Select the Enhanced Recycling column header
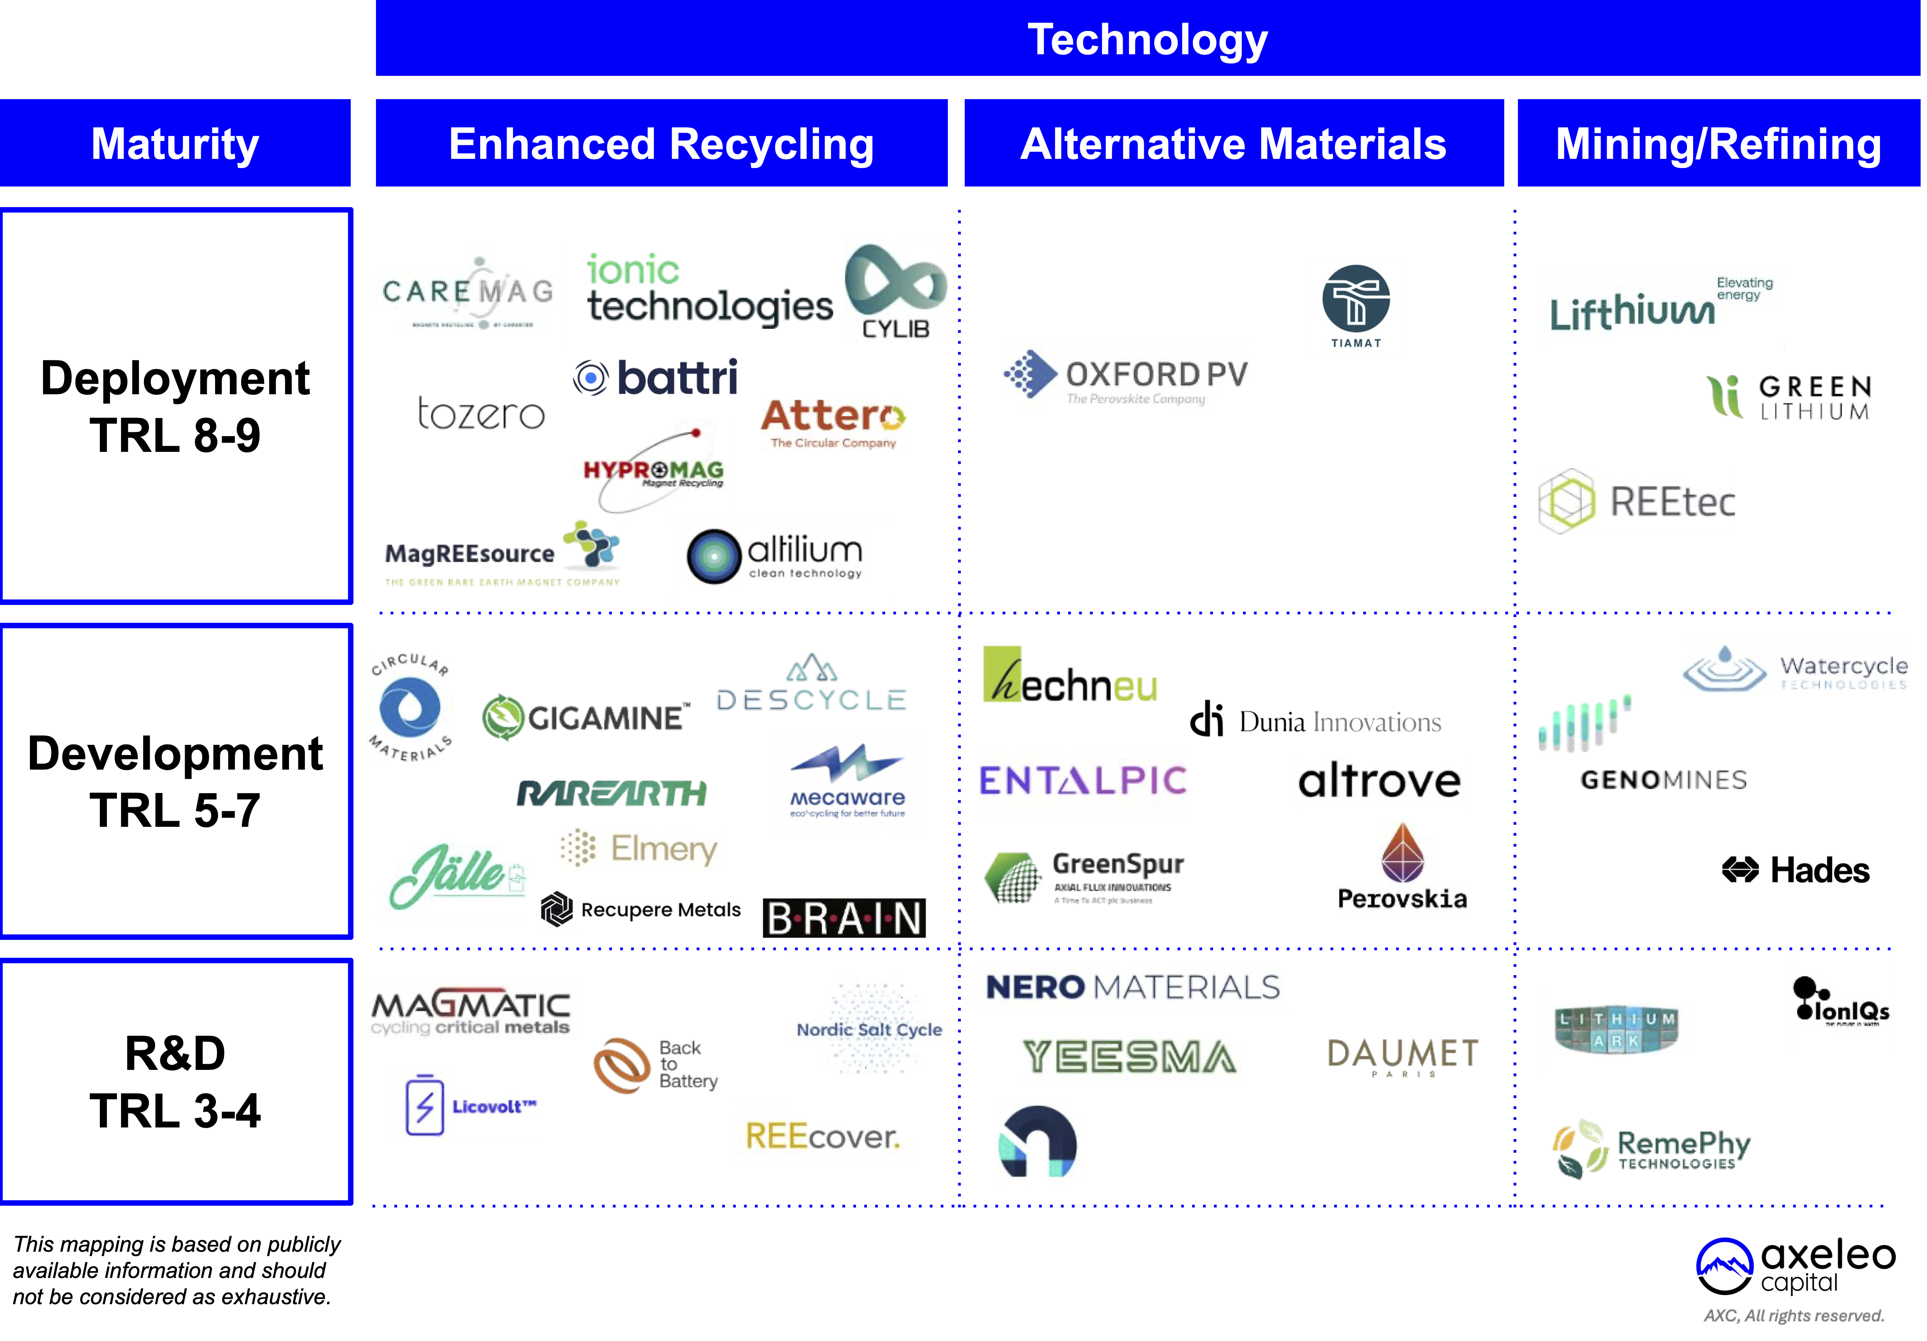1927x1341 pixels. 662,144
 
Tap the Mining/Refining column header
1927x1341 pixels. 1718,144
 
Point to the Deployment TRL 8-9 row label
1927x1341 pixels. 176,406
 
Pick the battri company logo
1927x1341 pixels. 655,378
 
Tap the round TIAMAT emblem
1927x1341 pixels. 1355,300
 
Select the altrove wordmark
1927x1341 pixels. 1379,781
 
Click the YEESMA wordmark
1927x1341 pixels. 1129,1056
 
